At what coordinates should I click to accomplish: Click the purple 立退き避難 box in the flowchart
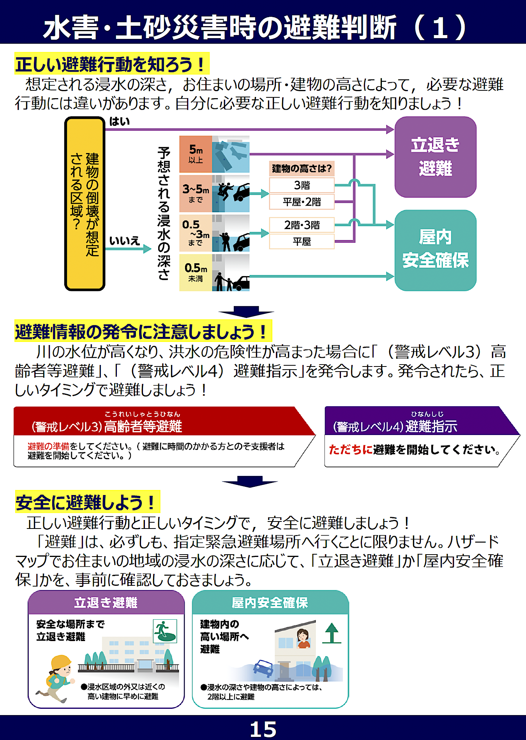[x=435, y=157]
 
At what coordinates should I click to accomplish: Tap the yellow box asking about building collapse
[x=85, y=203]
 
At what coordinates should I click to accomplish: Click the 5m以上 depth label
[x=196, y=154]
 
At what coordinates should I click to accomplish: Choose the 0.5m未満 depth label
[x=196, y=272]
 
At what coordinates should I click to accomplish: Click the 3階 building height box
[x=302, y=185]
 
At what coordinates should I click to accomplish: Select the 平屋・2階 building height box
[x=302, y=202]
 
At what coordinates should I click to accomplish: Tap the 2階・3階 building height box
[x=302, y=225]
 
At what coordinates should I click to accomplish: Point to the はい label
[x=119, y=122]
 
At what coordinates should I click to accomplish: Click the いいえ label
[x=124, y=241]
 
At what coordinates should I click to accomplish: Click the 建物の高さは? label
[x=302, y=169]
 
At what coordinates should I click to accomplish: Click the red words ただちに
[x=350, y=450]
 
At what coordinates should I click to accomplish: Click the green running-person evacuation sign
[x=165, y=631]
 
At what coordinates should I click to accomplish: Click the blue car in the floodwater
[x=263, y=667]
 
